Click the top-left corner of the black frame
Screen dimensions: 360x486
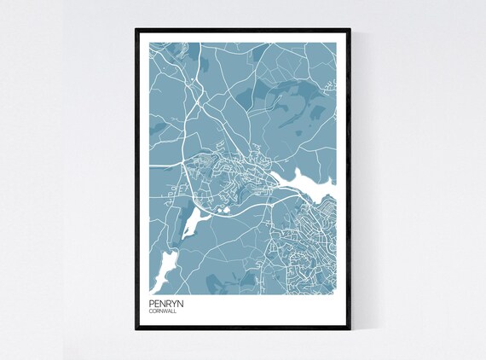click(136, 30)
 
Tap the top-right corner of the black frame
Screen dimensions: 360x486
click(350, 30)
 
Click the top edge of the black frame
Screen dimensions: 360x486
click(243, 30)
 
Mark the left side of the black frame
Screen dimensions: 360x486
click(136, 179)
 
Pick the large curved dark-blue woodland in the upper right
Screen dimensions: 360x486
click(294, 107)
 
